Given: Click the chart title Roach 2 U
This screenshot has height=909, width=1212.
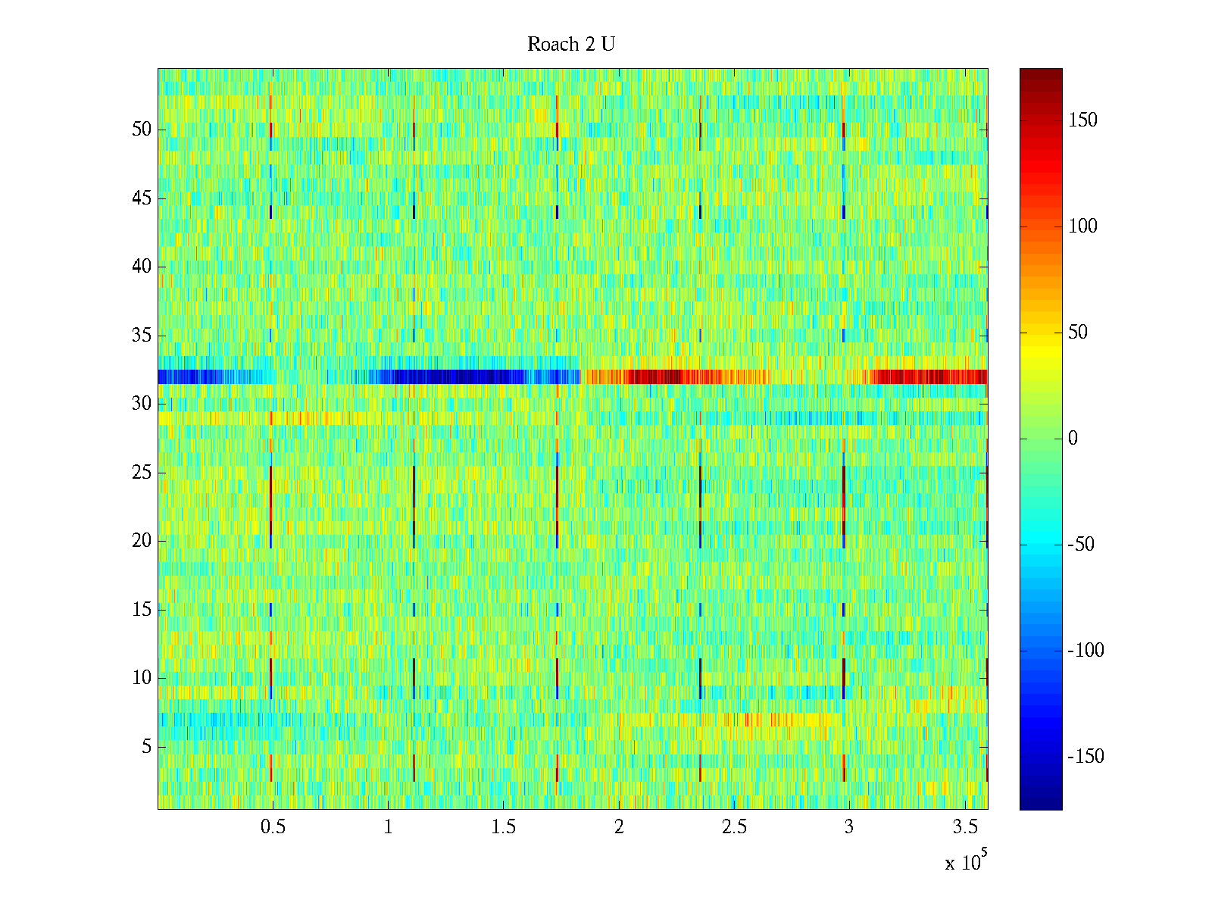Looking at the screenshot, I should tap(571, 45).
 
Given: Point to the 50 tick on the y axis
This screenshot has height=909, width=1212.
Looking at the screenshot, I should tap(142, 130).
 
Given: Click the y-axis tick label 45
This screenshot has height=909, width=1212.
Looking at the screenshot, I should tap(142, 198).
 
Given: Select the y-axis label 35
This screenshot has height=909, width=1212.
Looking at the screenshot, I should tap(142, 335).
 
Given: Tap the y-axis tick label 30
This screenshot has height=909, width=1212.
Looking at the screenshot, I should tap(142, 404).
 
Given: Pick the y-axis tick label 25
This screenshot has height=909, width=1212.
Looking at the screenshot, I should tap(142, 473).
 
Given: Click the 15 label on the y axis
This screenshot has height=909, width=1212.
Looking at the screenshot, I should tap(142, 610).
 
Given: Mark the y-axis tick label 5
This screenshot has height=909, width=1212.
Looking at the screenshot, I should tap(146, 747).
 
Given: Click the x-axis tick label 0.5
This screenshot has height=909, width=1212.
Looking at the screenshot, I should tap(273, 827).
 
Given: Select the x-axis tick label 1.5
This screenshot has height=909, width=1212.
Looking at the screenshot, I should tap(504, 827).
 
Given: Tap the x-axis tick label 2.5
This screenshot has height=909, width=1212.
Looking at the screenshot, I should tap(734, 827).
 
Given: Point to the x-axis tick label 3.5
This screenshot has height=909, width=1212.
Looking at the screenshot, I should tap(964, 827).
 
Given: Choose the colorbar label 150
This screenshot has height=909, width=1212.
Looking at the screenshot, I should tap(1082, 120).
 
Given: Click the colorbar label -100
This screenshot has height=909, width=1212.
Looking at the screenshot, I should tap(1085, 651).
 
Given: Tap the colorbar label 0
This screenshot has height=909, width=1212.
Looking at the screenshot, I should tap(1073, 439).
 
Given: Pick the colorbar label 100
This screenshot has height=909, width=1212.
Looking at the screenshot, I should tap(1082, 226).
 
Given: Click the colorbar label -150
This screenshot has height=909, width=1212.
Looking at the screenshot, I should tap(1085, 757).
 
